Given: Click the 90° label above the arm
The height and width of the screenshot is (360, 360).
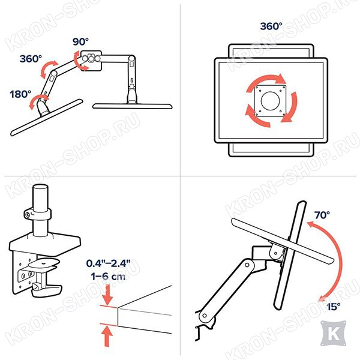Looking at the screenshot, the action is [80, 41].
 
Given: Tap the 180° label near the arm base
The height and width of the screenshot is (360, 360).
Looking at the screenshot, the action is [20, 94].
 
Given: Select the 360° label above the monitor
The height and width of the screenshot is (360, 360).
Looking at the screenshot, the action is [271, 26].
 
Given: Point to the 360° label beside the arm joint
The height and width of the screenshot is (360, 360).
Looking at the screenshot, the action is [31, 59].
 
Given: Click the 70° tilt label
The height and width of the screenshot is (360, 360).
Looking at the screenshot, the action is [322, 215].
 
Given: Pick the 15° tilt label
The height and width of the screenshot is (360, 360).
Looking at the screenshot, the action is [334, 307].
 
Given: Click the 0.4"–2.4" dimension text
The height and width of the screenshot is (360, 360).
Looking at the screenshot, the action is [109, 263].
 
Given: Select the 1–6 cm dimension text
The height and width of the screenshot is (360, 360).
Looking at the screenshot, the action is [108, 276].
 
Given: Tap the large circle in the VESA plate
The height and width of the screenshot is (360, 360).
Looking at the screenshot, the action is [270, 101].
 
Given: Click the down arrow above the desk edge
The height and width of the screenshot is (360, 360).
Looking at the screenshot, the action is [107, 295].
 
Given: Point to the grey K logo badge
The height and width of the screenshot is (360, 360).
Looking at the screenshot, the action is [333, 334].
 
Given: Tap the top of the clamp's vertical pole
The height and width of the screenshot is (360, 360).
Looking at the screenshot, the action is [40, 187].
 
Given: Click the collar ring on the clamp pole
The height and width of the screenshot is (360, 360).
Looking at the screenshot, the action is [37, 214].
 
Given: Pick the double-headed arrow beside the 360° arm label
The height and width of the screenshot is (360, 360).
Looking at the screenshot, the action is [48, 68].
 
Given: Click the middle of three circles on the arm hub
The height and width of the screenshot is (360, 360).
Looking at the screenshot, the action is [91, 59].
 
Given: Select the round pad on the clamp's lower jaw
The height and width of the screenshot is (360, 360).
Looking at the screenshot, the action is [43, 263].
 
